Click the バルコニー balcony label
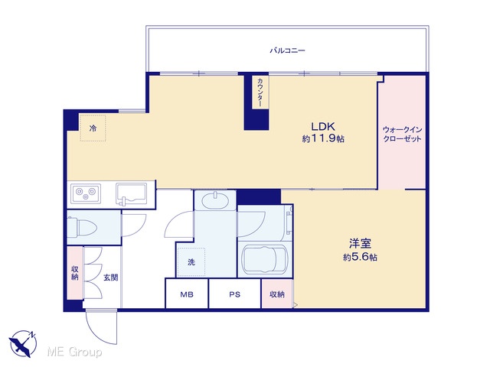tap(287, 50)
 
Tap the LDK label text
tap(323, 126)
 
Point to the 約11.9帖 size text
tap(323, 138)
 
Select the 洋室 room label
tap(360, 243)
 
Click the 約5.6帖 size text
tap(360, 257)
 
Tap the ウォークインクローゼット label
tap(402, 135)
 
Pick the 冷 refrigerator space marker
tap(93, 128)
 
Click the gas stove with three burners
tap(86, 193)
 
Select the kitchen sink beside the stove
tap(131, 193)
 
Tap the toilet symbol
tap(82, 227)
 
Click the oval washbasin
tap(215, 201)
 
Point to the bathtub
tap(264, 258)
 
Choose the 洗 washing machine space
tap(191, 262)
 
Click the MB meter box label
tap(187, 294)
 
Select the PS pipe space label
tap(235, 294)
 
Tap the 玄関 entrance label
tap(110, 277)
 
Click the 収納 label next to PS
tap(277, 294)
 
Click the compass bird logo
tap(23, 343)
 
